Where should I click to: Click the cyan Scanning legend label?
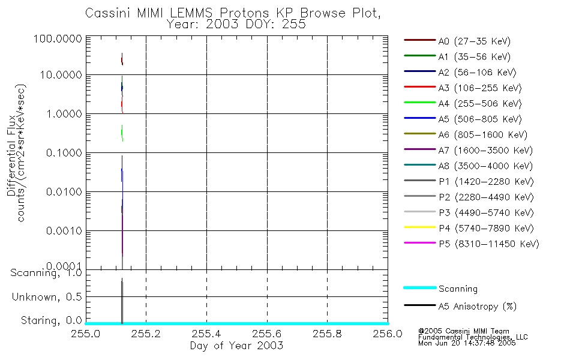click(458, 289)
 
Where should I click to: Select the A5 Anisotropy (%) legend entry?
click(477, 306)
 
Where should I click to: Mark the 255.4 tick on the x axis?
click(206, 334)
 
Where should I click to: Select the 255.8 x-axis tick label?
click(327, 334)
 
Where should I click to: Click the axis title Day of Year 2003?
click(236, 346)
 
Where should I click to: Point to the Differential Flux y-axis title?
click(11, 153)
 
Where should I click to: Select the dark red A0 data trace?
click(122, 59)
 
